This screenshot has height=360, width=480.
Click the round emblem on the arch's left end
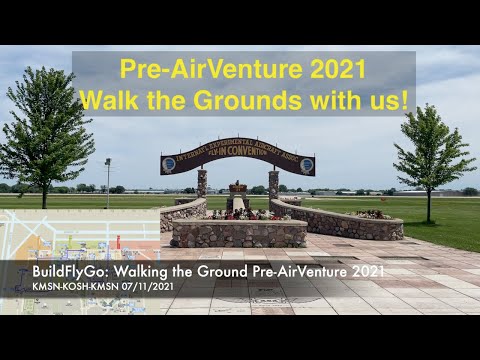(169, 163)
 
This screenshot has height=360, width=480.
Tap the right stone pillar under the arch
(273, 184)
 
